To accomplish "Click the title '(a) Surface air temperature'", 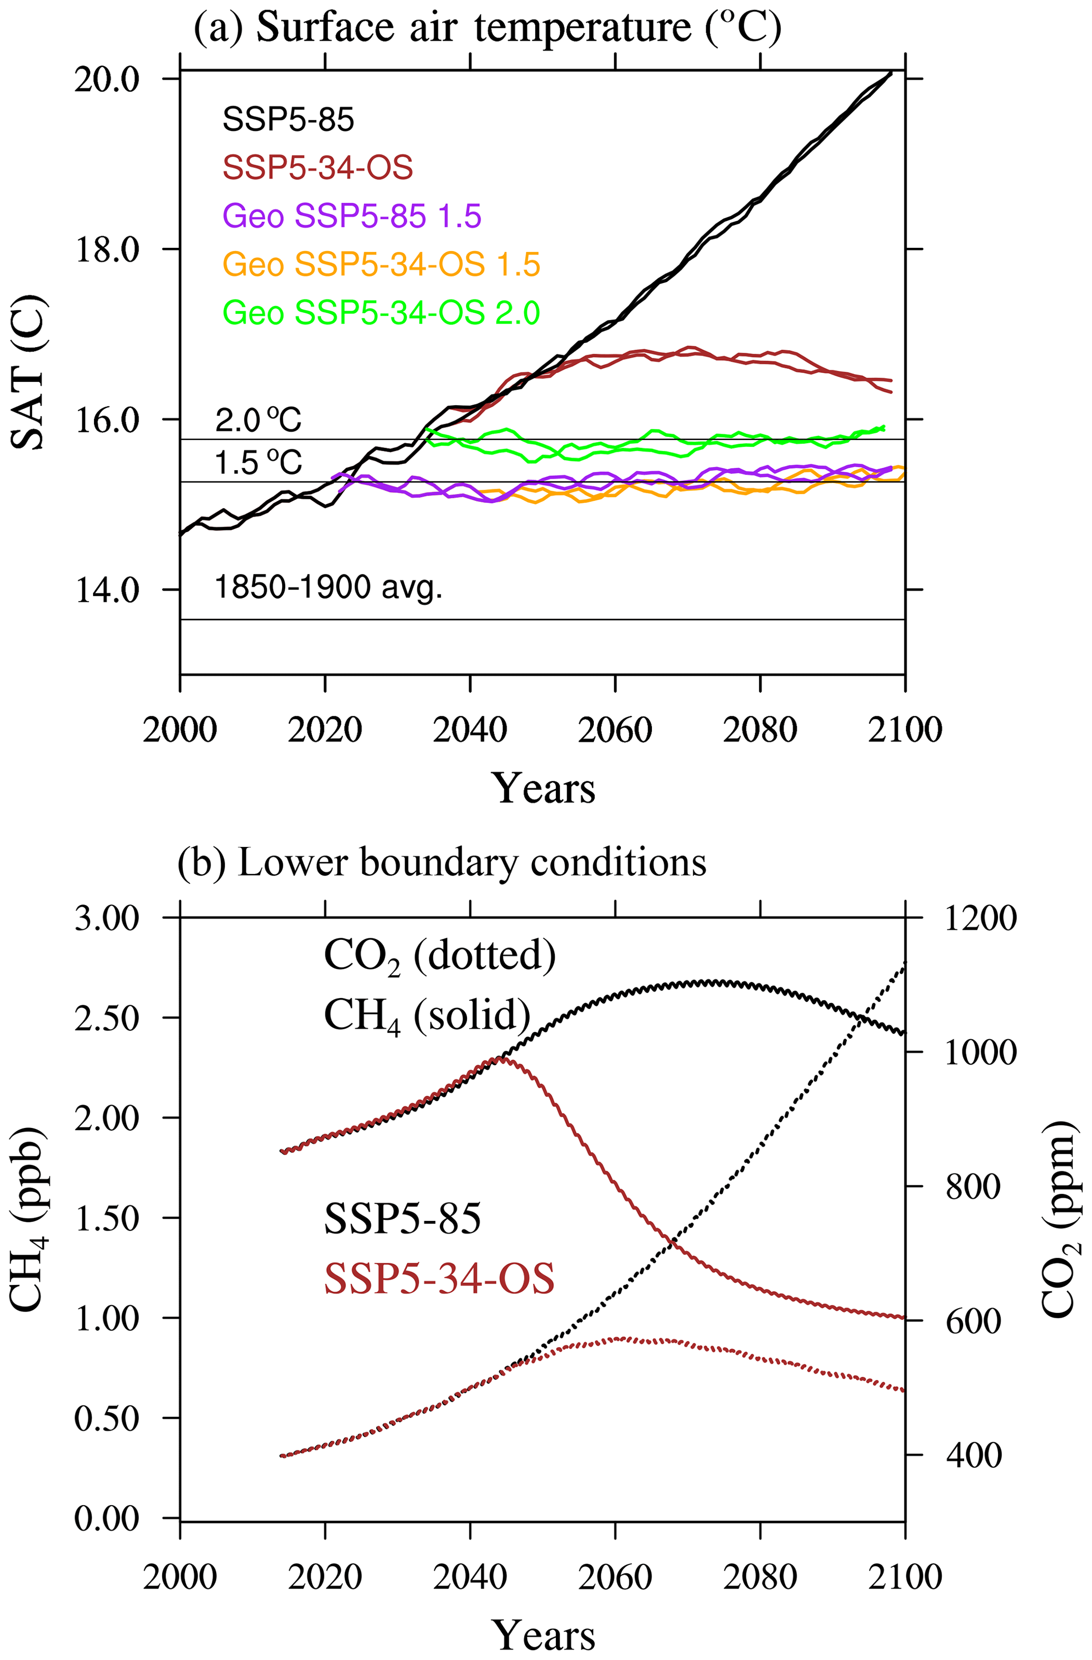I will click(x=487, y=28).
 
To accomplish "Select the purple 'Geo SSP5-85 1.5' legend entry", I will click(x=352, y=216).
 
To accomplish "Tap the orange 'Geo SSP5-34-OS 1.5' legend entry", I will click(x=381, y=264).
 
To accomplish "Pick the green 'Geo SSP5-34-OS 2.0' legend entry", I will click(x=381, y=312).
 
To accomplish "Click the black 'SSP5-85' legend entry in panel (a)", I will click(x=288, y=119).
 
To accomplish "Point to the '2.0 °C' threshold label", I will click(x=258, y=421).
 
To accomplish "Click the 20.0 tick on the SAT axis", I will click(x=107, y=79).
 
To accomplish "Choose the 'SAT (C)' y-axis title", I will click(x=28, y=373).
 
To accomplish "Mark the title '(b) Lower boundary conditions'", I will click(x=442, y=863).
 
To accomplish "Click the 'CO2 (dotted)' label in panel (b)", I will click(x=440, y=956).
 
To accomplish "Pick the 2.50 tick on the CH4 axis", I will click(x=107, y=1018).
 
